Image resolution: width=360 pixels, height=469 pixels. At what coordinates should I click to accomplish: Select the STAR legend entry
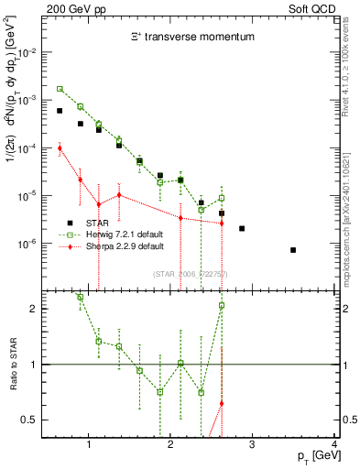pyautogui.click(x=99, y=223)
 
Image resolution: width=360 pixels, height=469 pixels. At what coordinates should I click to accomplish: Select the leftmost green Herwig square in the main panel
pyautogui.click(x=60, y=89)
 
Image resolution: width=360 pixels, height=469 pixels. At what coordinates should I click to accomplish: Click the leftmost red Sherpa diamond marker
pyautogui.click(x=60, y=147)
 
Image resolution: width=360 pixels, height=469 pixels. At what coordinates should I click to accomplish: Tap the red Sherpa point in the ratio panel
pyautogui.click(x=222, y=403)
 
